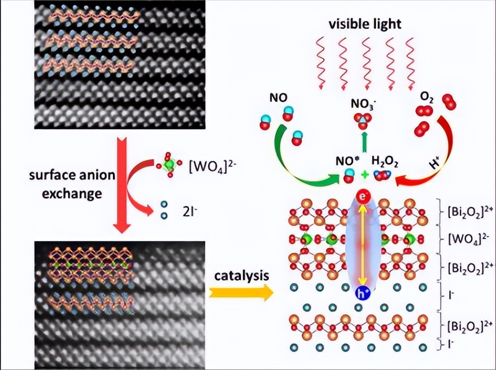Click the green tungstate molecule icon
[x=168, y=166]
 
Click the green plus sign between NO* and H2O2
[x=364, y=175]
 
